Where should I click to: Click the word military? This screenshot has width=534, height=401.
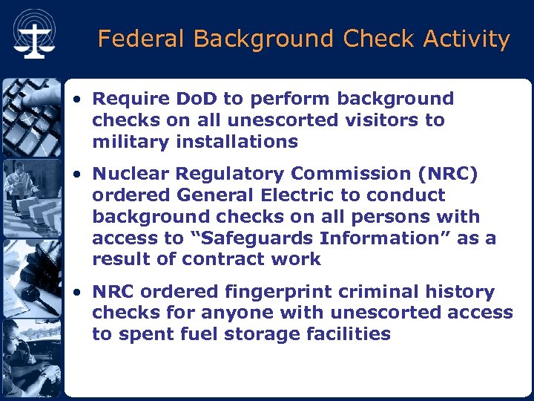[x=129, y=142]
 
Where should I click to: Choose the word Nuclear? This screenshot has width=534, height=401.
[x=128, y=175]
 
